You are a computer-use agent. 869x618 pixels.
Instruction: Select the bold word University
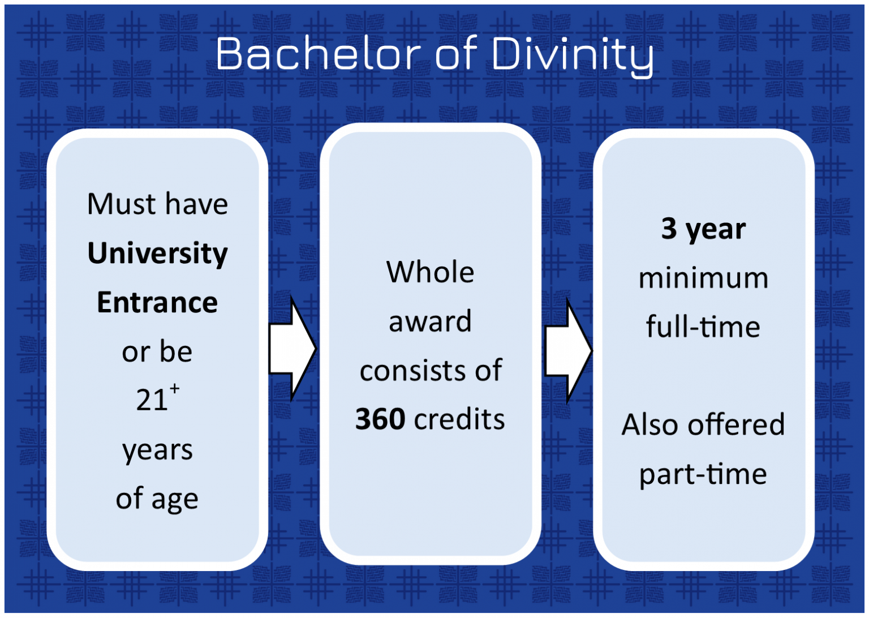[157, 253]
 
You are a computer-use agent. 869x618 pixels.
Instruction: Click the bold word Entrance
[157, 302]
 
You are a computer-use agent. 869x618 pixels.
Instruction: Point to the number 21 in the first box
[152, 400]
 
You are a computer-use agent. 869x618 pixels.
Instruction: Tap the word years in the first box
[157, 450]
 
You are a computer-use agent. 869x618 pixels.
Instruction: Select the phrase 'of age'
[157, 499]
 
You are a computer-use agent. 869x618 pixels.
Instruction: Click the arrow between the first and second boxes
[291, 349]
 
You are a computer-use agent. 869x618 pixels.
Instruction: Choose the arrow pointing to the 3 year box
[567, 351]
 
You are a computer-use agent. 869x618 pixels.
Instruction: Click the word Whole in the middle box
[430, 272]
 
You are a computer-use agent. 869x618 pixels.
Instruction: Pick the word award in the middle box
[430, 321]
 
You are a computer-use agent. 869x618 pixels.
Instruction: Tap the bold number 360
[380, 419]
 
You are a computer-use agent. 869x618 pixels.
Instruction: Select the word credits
[459, 419]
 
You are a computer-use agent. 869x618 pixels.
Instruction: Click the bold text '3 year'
[703, 229]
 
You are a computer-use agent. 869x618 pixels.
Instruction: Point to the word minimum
[703, 278]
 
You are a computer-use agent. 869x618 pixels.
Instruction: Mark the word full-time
[703, 327]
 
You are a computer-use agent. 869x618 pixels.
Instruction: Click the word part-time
[703, 474]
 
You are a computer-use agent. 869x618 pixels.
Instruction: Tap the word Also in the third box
[650, 424]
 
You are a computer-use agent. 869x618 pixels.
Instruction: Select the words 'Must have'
[157, 204]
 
